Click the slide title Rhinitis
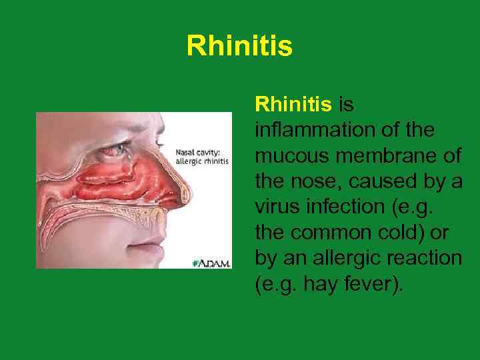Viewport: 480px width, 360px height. (239, 47)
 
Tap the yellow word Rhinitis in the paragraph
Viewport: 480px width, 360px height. (293, 104)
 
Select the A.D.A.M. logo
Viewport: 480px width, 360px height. (212, 263)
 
